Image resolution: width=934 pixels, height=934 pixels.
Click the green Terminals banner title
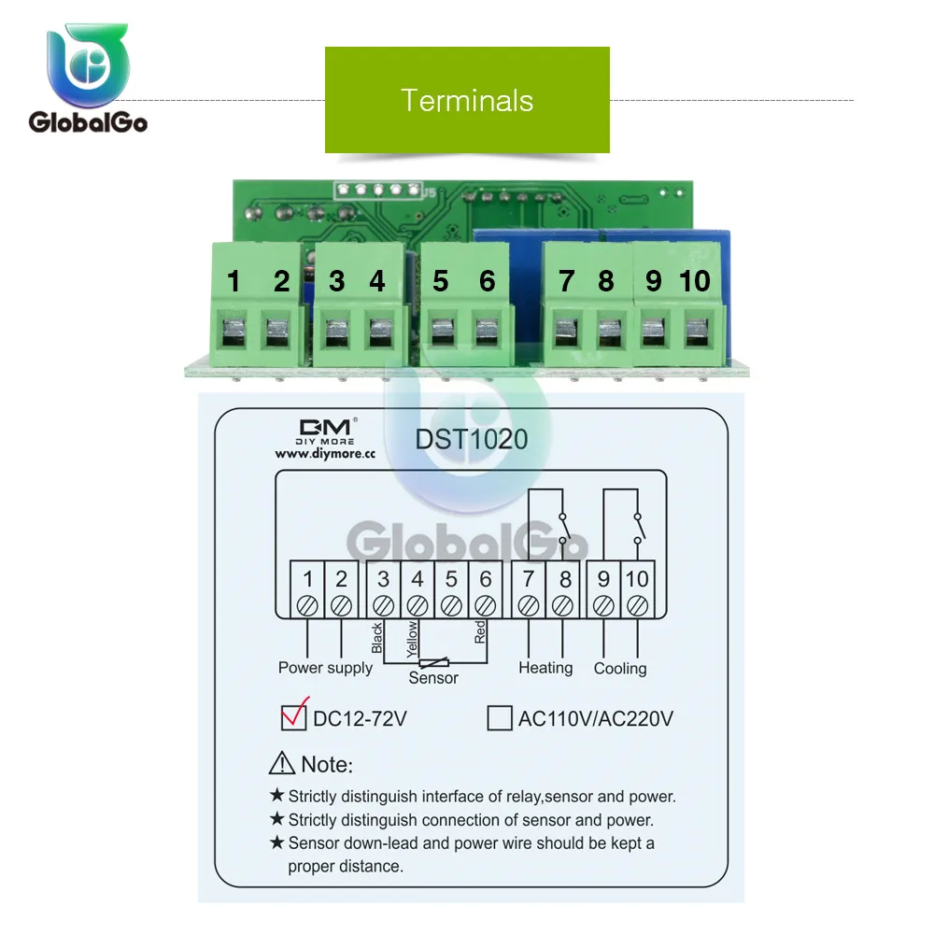(x=467, y=100)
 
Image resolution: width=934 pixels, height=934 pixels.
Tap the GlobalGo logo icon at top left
(x=88, y=65)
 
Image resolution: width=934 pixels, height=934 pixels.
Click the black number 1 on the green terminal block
(x=233, y=281)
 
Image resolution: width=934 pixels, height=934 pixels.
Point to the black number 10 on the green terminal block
(x=695, y=281)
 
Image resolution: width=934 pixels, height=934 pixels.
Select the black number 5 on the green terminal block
(x=440, y=281)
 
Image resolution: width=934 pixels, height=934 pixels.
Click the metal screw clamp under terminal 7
(x=566, y=333)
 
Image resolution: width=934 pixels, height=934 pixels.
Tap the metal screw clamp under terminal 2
(x=277, y=333)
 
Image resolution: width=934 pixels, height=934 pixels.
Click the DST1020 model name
(x=471, y=440)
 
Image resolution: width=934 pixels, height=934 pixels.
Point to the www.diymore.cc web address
(x=325, y=453)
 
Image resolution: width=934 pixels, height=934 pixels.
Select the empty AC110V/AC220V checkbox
(x=499, y=717)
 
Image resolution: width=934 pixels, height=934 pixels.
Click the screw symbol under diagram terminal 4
(x=417, y=606)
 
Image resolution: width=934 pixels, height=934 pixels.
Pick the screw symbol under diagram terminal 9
(x=603, y=606)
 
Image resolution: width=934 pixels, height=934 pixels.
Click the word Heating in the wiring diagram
(x=545, y=668)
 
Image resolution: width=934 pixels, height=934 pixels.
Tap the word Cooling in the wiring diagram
(x=620, y=669)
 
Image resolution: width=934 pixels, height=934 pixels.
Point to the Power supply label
(x=325, y=668)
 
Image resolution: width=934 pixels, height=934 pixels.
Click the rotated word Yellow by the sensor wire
(x=412, y=639)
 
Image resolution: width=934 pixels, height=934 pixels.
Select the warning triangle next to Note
(x=282, y=763)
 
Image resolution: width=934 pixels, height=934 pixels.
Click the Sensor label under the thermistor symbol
(x=433, y=678)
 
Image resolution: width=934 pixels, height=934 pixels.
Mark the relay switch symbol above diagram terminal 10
(x=639, y=528)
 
